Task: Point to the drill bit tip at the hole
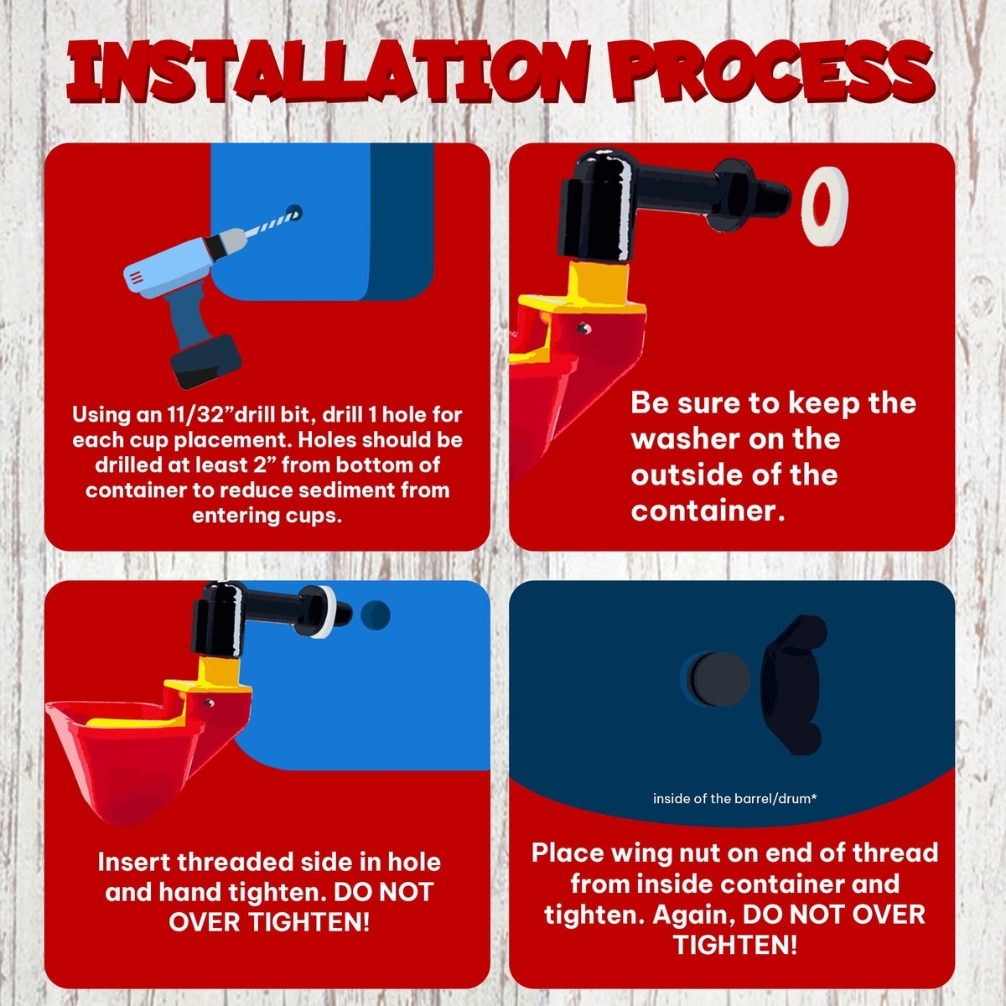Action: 294,211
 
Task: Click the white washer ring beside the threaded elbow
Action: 825,207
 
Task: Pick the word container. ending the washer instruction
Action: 708,511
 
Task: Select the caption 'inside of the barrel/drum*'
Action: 734,798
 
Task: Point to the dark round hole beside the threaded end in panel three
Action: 376,614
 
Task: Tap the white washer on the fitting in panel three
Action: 327,612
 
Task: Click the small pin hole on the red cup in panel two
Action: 583,329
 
